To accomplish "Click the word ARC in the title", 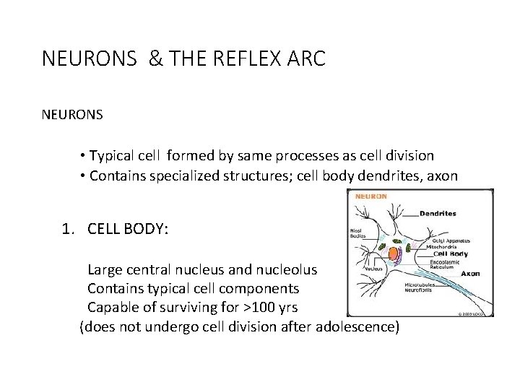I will coord(309,58).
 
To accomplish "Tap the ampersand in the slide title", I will coord(155,58).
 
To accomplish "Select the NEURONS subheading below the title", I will coord(72,115).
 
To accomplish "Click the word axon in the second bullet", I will coord(443,176).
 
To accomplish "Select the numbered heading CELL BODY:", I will coord(128,230).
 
